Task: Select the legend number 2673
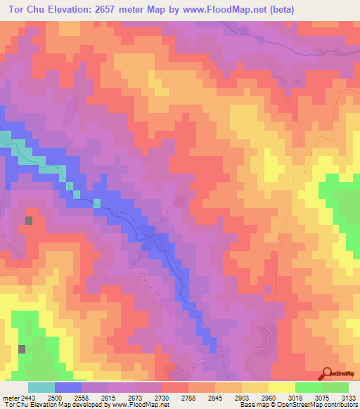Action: tap(136, 397)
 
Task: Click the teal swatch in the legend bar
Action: tap(41, 387)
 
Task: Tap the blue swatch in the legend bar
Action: tap(67, 387)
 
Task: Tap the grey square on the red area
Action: tap(29, 220)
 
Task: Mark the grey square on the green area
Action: tap(21, 349)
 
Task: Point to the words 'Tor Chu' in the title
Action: tap(21, 9)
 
